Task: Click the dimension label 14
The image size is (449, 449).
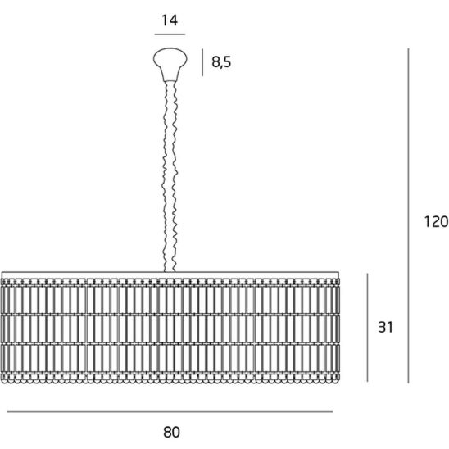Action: [x=170, y=20]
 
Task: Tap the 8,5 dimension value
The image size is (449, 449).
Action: [x=221, y=61]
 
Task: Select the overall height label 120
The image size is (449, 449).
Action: [x=436, y=221]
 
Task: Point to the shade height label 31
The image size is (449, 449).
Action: [x=385, y=327]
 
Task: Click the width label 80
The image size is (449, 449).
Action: [x=171, y=432]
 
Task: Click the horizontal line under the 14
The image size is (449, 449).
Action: [x=170, y=34]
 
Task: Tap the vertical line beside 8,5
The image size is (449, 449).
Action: [x=202, y=62]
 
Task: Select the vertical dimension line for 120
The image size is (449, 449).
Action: [x=408, y=215]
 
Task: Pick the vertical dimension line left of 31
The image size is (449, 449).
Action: [x=367, y=328]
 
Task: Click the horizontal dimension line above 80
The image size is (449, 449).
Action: [x=170, y=412]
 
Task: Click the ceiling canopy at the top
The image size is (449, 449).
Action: [x=170, y=64]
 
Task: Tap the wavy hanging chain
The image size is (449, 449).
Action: [x=170, y=176]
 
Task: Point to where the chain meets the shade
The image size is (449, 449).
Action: [x=170, y=271]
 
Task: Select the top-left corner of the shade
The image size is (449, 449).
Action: [x=2, y=272]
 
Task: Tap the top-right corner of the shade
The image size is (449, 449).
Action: [x=339, y=272]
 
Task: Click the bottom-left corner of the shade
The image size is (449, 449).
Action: [x=2, y=383]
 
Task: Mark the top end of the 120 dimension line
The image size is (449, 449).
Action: [x=408, y=48]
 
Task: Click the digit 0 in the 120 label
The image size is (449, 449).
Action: [x=444, y=221]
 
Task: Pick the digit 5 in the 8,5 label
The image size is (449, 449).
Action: [x=227, y=61]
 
